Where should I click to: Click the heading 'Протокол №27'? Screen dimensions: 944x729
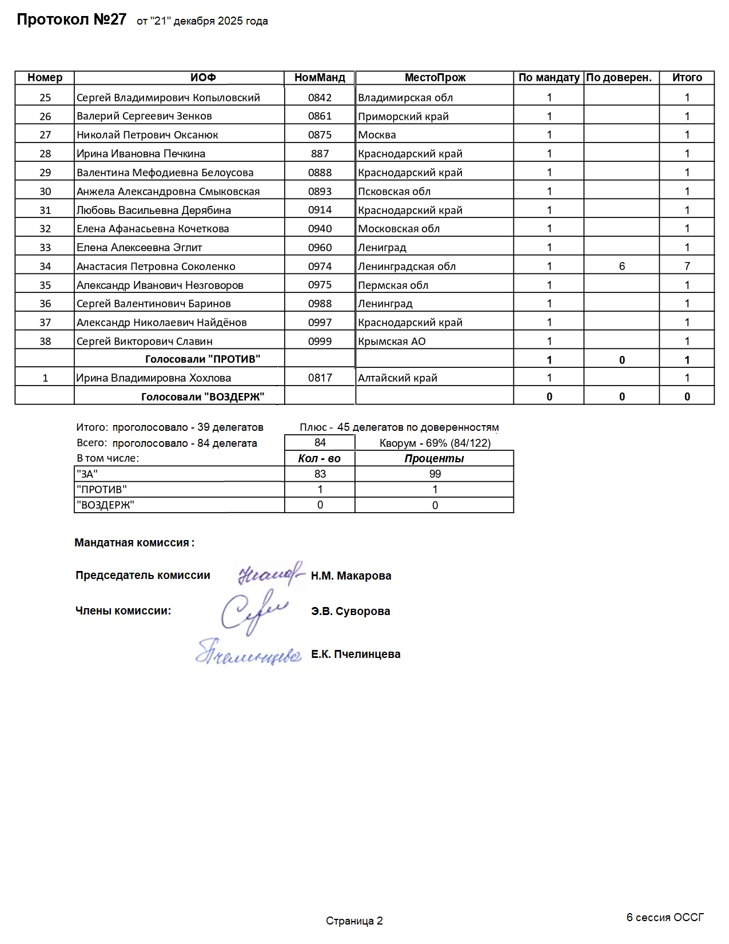(71, 20)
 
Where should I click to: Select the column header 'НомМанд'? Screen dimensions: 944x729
(320, 78)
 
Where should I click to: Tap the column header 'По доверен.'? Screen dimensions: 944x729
(619, 78)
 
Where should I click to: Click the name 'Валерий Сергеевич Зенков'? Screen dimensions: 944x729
(144, 116)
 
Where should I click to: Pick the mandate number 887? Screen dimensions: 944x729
(320, 153)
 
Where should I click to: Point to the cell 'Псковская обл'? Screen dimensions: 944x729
(394, 191)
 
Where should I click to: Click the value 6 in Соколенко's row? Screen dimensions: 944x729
(622, 266)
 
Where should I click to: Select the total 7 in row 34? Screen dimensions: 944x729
(687, 266)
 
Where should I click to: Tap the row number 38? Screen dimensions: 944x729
(45, 342)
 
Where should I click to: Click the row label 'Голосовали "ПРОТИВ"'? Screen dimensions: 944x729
(202, 359)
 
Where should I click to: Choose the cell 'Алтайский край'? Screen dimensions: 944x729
(397, 378)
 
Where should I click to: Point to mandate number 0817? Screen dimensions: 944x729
(320, 378)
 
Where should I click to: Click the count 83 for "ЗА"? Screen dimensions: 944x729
(320, 474)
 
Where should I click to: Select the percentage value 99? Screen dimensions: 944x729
(435, 474)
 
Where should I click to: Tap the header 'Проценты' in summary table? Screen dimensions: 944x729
(434, 458)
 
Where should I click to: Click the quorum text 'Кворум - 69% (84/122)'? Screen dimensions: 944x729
(435, 443)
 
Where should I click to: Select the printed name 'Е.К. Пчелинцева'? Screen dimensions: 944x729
(356, 654)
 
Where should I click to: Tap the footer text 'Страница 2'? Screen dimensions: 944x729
(354, 921)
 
